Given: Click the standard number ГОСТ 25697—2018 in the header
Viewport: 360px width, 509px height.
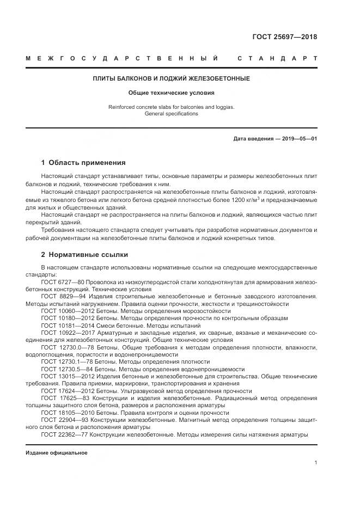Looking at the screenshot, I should pyautogui.click(x=284, y=37).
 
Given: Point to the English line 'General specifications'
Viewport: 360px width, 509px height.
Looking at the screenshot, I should pyautogui.click(x=171, y=114).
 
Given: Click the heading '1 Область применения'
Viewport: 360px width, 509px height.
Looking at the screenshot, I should pyautogui.click(x=83, y=163).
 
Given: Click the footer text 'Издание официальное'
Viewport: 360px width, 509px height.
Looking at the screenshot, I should pyautogui.click(x=56, y=453).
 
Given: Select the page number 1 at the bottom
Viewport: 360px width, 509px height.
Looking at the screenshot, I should pyautogui.click(x=315, y=463).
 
